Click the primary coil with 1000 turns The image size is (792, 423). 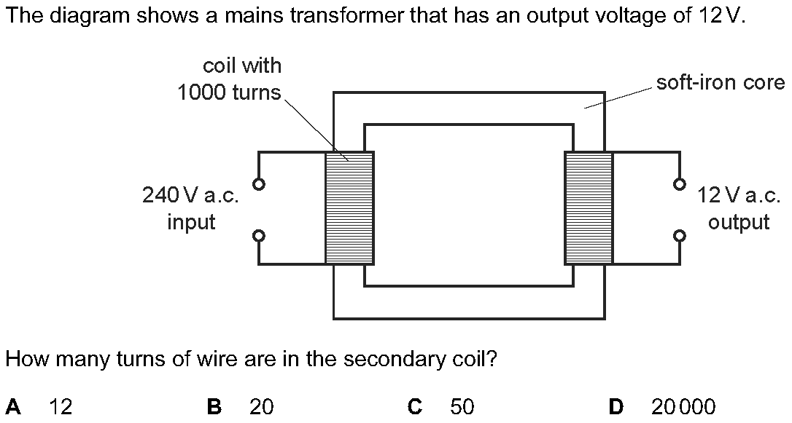(349, 208)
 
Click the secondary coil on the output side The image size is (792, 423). (589, 208)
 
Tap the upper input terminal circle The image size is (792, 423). (258, 183)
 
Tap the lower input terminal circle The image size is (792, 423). (258, 236)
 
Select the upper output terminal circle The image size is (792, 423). (680, 183)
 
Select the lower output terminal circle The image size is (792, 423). (680, 236)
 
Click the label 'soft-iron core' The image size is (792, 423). (721, 82)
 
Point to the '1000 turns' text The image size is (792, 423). (229, 93)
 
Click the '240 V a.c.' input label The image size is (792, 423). (191, 195)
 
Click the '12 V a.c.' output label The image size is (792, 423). (739, 195)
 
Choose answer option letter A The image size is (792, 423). (12, 406)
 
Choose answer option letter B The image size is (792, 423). (214, 406)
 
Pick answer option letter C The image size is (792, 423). (415, 406)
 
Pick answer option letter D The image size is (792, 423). (616, 406)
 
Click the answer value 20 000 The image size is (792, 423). (683, 406)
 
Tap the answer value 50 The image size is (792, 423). (462, 406)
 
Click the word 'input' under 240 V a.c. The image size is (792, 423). (191, 222)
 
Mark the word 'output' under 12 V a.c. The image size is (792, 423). (739, 222)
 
